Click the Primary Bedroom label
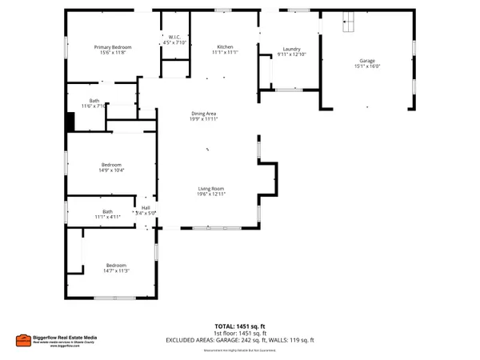[x=111, y=47]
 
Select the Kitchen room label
[x=223, y=46]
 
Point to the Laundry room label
[x=291, y=48]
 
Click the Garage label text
[x=367, y=60]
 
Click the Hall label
[x=146, y=208]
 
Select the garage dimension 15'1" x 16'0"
[x=367, y=66]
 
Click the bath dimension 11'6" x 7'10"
[x=94, y=106]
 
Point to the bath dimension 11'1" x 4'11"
[x=106, y=217]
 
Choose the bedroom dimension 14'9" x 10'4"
[x=111, y=170]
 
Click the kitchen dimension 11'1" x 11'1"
[x=223, y=52]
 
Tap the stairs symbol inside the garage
[x=347, y=23]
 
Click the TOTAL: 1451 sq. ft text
[x=240, y=326]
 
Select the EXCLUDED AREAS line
[x=240, y=339]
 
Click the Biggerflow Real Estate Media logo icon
[x=24, y=340]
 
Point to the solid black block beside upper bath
[x=70, y=122]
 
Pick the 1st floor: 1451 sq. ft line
[x=240, y=333]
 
